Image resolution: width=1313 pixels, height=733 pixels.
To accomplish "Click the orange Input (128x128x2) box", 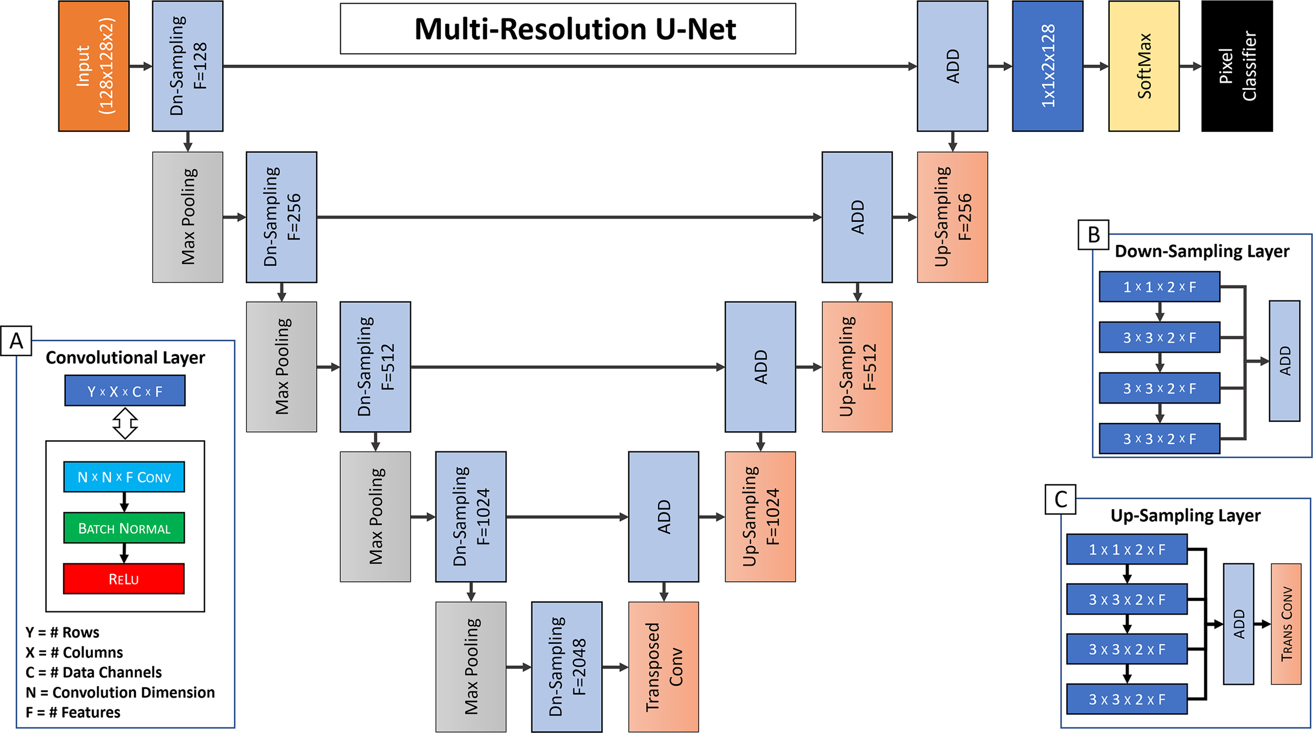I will [x=93, y=66].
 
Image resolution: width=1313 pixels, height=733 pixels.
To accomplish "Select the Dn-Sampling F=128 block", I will [x=187, y=66].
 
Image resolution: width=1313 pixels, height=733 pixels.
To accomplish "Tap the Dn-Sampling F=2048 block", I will [x=566, y=666].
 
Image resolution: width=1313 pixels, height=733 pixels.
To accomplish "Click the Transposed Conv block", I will [x=663, y=666].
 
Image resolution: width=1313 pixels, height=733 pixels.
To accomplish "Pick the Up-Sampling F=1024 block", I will [x=760, y=516].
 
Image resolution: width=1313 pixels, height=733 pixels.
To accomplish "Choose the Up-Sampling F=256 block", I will [x=952, y=216].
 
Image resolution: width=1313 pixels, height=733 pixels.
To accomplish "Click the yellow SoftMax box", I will [x=1143, y=66].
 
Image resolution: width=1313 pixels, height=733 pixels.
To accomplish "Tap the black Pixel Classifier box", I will [x=1237, y=66].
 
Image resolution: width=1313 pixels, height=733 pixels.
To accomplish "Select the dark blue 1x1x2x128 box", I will [x=1047, y=66].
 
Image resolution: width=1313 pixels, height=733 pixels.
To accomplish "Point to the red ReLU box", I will [x=124, y=579].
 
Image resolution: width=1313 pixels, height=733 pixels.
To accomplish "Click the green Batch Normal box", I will [x=124, y=528].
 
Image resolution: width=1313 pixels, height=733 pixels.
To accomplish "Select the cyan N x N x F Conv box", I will [x=124, y=477].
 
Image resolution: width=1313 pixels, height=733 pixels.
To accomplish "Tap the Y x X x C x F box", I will [x=124, y=390].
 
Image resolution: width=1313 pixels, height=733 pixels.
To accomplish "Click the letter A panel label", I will [x=16, y=340].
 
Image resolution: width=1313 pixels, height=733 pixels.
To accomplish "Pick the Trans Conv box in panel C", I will [x=1286, y=623].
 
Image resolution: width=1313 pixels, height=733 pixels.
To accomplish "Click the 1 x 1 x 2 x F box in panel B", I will [x=1159, y=286].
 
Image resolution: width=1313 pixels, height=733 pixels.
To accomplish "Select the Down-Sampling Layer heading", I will [x=1202, y=251].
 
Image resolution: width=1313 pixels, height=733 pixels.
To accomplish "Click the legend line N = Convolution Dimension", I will [x=120, y=692].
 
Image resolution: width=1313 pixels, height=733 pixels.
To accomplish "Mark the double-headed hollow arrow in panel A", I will [x=125, y=423].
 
